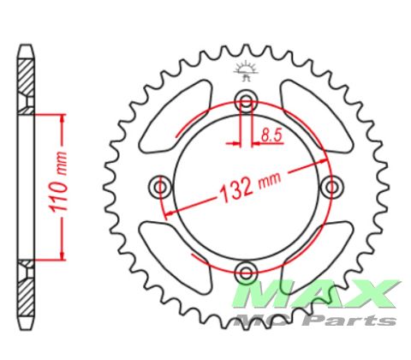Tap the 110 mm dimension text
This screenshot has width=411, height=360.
[x=58, y=183]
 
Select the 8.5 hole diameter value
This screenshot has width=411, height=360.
[x=271, y=135]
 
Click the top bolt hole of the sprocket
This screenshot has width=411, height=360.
[x=246, y=101]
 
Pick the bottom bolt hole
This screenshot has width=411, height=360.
[x=246, y=273]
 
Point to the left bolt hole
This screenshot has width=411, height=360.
[x=160, y=187]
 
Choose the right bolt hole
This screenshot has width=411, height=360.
[x=331, y=187]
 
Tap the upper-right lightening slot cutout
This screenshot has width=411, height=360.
[x=316, y=116]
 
